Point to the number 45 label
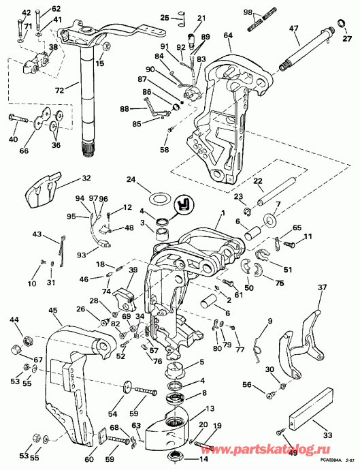point(53,311)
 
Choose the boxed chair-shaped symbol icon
point(183,204)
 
